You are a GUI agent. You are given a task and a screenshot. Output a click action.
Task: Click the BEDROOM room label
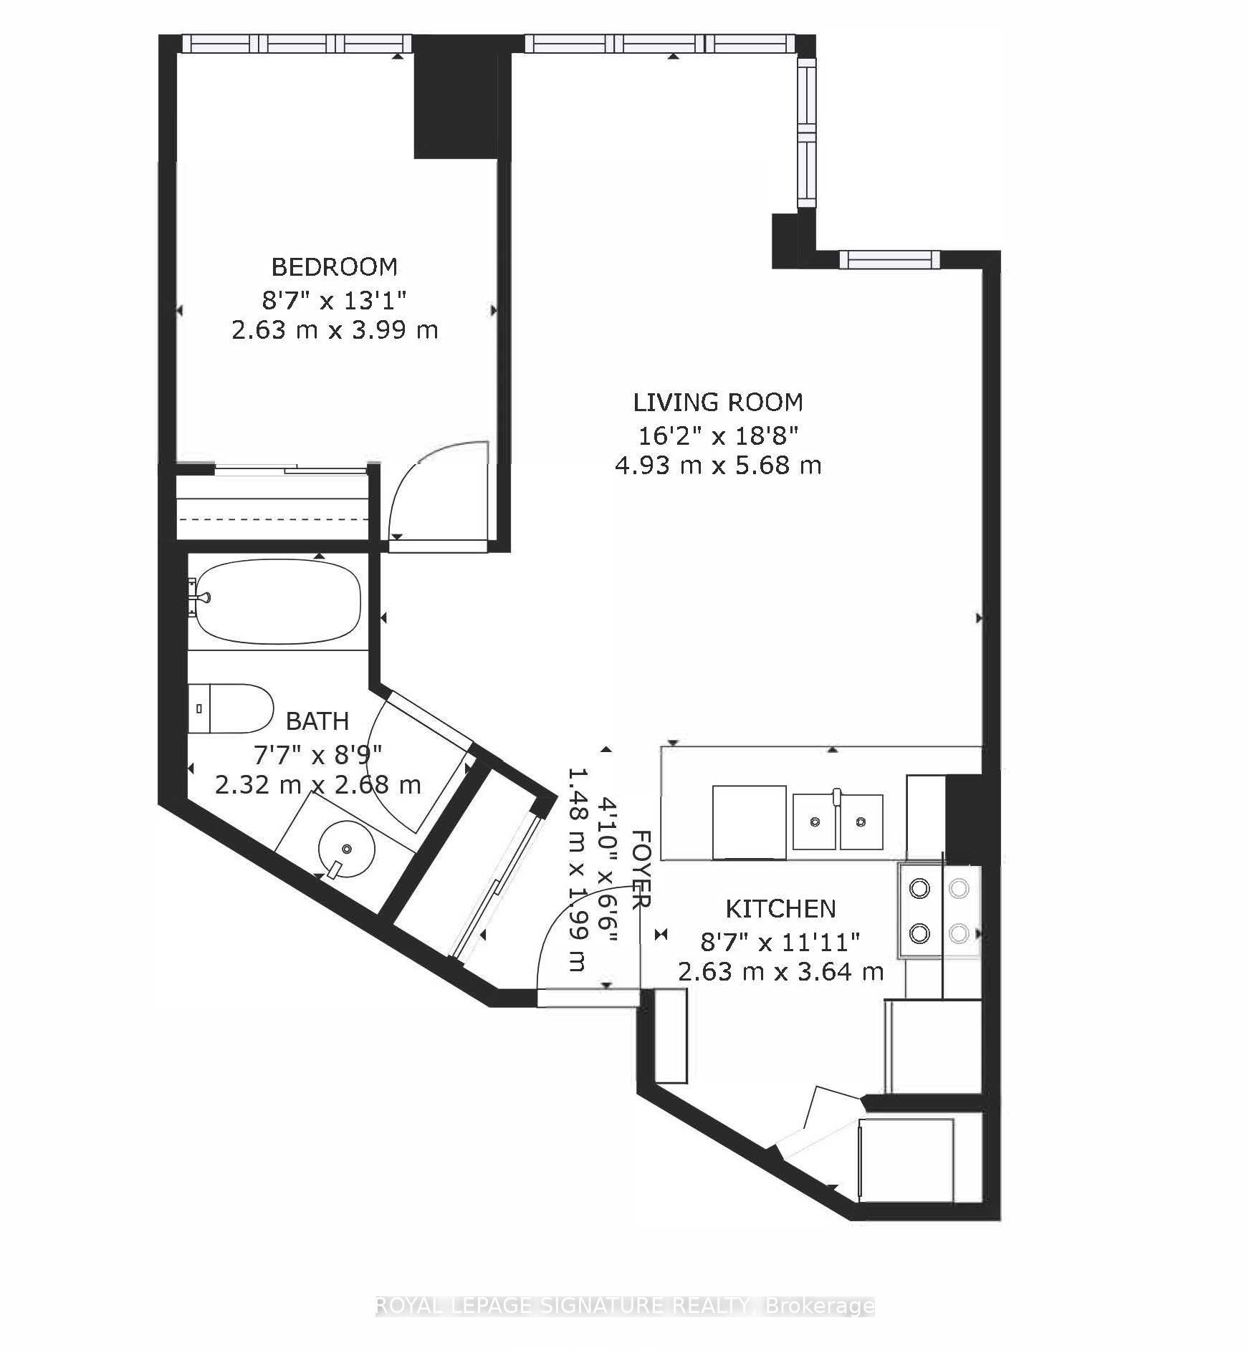[x=334, y=267]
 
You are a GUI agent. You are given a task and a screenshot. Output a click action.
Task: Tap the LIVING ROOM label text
[x=718, y=403]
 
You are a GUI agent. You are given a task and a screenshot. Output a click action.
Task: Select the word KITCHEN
[x=781, y=909]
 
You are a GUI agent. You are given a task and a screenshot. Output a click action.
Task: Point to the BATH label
[x=317, y=721]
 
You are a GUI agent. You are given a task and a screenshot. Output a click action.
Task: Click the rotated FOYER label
[x=641, y=870]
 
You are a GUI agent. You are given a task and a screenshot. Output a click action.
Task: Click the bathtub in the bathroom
[x=278, y=602]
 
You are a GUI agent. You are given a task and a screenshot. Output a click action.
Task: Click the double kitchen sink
[x=838, y=821]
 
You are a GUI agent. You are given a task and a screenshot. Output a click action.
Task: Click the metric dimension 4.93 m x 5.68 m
[x=718, y=466]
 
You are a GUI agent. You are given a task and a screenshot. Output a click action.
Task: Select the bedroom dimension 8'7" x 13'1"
[x=334, y=299]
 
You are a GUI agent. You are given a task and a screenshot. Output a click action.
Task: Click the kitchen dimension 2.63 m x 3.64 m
[x=781, y=972]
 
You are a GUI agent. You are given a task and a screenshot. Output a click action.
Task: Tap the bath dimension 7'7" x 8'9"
[x=317, y=753]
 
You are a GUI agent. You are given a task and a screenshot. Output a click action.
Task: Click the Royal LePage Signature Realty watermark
[x=625, y=1306]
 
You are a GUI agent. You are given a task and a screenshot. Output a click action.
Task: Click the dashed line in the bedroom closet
[x=273, y=519]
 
